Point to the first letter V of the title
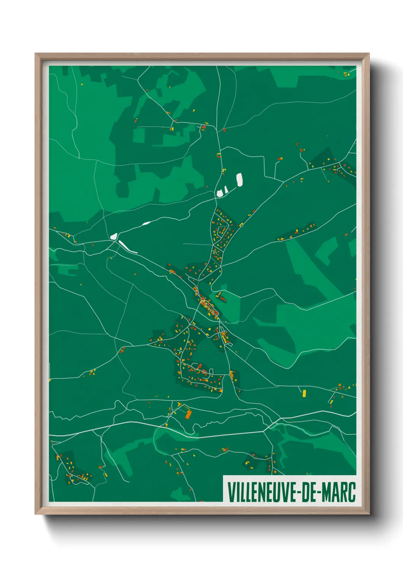(231, 492)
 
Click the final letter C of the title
(352, 492)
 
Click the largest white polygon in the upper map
(240, 179)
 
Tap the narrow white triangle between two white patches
(226, 190)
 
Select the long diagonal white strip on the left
(128, 247)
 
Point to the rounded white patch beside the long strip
(114, 236)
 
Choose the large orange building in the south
(188, 414)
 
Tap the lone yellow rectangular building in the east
(304, 393)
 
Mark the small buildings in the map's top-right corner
(346, 74)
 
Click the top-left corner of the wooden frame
(36, 54)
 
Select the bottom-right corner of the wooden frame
(369, 514)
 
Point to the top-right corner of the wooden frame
(369, 54)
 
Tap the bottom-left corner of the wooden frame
(36, 514)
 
